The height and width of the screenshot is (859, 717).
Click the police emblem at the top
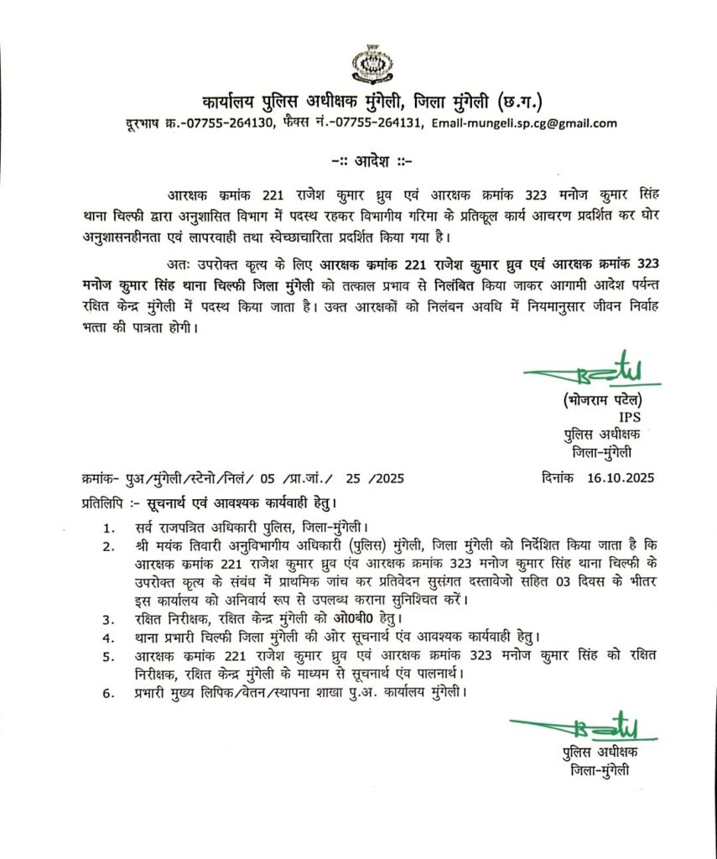366,65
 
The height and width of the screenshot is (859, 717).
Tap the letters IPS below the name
628,417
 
